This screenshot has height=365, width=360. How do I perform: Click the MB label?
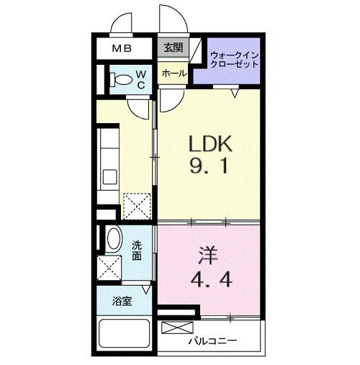click(122, 49)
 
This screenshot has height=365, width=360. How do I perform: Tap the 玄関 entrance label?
click(173, 48)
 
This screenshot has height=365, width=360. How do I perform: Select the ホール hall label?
click(174, 73)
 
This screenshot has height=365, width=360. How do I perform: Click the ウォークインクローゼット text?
click(234, 60)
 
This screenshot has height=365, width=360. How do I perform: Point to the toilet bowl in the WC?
click(122, 80)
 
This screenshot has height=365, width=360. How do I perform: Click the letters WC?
click(141, 80)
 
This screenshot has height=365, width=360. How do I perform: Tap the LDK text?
click(210, 143)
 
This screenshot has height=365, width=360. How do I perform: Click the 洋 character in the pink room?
click(208, 256)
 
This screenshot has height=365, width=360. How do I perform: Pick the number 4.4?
click(211, 279)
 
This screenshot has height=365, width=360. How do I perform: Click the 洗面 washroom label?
click(137, 251)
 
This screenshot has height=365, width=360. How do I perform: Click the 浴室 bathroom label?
click(122, 301)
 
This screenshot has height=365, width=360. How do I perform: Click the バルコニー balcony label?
click(212, 341)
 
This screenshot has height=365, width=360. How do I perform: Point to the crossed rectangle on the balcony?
click(177, 328)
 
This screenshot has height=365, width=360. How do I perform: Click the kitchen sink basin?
click(110, 177)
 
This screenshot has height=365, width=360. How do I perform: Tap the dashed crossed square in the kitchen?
click(137, 207)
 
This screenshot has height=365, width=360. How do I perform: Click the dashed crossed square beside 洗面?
click(109, 268)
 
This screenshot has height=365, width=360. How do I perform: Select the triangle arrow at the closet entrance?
click(235, 93)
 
